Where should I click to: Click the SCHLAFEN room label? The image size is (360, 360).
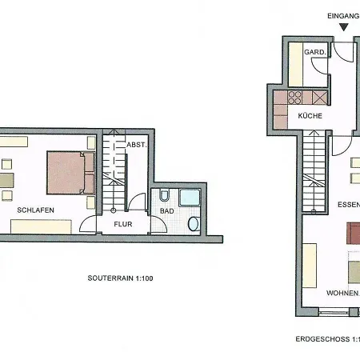click(35, 210)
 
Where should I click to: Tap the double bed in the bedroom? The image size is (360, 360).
click(70, 173)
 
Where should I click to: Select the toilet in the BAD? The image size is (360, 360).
click(164, 195)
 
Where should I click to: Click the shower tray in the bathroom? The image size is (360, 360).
click(190, 198)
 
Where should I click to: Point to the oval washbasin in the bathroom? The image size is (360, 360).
click(194, 224)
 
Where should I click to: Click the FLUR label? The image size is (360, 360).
click(123, 224)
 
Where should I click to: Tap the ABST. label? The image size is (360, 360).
click(137, 145)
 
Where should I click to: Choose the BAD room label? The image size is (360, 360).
click(167, 211)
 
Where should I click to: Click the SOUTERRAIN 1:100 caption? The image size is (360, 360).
click(120, 278)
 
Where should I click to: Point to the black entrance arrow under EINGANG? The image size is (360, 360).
click(344, 27)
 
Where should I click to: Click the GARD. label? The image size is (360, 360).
click(315, 52)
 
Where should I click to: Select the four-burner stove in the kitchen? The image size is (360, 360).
click(295, 98)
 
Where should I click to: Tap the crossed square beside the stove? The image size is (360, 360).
click(319, 98)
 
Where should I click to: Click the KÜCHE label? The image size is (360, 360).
click(310, 116)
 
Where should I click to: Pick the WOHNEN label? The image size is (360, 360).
click(342, 293)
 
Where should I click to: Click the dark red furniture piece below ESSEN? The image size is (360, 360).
click(354, 234)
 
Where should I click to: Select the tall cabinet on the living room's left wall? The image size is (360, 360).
click(310, 266)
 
